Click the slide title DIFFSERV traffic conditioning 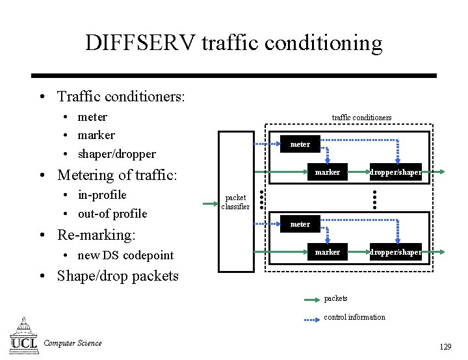(x=233, y=43)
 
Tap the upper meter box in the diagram (x=300, y=144)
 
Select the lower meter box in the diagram (x=300, y=224)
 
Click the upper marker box (x=328, y=172)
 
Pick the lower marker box (x=328, y=252)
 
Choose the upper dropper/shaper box (x=396, y=172)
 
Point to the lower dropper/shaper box (x=396, y=252)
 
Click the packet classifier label (x=235, y=202)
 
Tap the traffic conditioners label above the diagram (x=361, y=118)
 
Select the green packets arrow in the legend (x=312, y=300)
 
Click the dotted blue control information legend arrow (x=312, y=318)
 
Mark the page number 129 (x=445, y=347)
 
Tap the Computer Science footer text (x=72, y=343)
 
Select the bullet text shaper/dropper (x=116, y=154)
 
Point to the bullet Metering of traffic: (x=117, y=175)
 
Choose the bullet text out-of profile (x=112, y=214)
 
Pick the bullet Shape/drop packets (x=118, y=276)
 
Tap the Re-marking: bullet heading (x=96, y=235)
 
